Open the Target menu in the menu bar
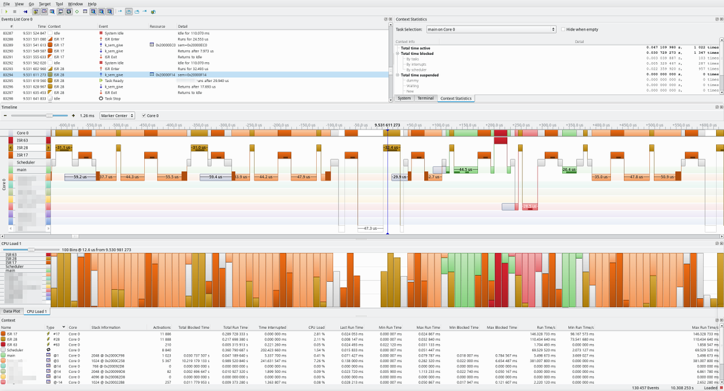[x=44, y=4]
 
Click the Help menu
[x=92, y=4]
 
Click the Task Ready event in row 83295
[x=114, y=80]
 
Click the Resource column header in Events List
[x=157, y=27]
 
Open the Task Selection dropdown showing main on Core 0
[x=491, y=29]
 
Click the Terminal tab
[x=425, y=98]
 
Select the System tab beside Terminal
[x=404, y=98]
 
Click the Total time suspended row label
[x=420, y=75]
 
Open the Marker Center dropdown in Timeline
[x=118, y=115]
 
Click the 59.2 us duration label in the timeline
[x=78, y=177]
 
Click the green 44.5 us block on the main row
[x=465, y=170]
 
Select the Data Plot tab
[x=11, y=311]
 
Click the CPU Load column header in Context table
[x=316, y=328]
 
